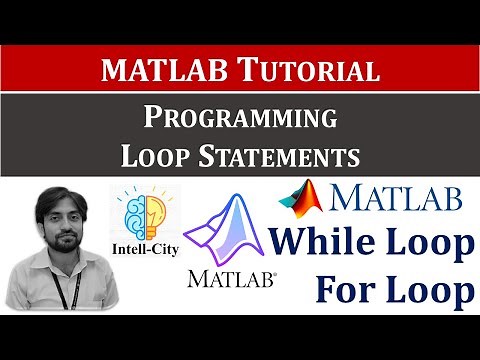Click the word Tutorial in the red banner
pos(320,71)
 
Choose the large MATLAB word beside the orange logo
pos(397,198)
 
